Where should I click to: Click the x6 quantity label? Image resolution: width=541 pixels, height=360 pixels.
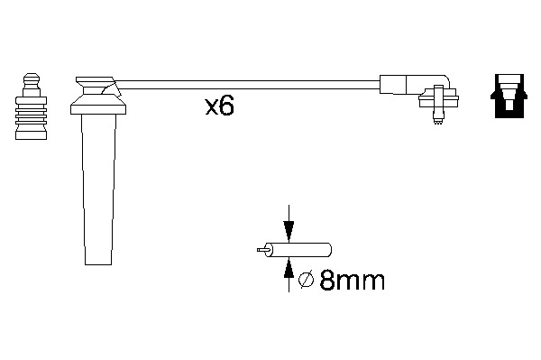219,106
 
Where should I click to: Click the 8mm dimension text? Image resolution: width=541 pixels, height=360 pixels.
352,281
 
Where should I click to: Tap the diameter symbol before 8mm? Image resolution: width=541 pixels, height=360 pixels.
306,280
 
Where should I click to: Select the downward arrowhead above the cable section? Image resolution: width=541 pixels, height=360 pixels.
289,231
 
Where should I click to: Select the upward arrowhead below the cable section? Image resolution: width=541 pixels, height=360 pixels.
289,268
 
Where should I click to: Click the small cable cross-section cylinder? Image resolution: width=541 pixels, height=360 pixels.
298,249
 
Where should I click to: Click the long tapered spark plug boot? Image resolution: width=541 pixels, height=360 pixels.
98,189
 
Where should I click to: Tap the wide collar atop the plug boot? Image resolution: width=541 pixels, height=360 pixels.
98,105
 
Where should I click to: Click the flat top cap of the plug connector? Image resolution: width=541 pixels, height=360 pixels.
95,81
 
